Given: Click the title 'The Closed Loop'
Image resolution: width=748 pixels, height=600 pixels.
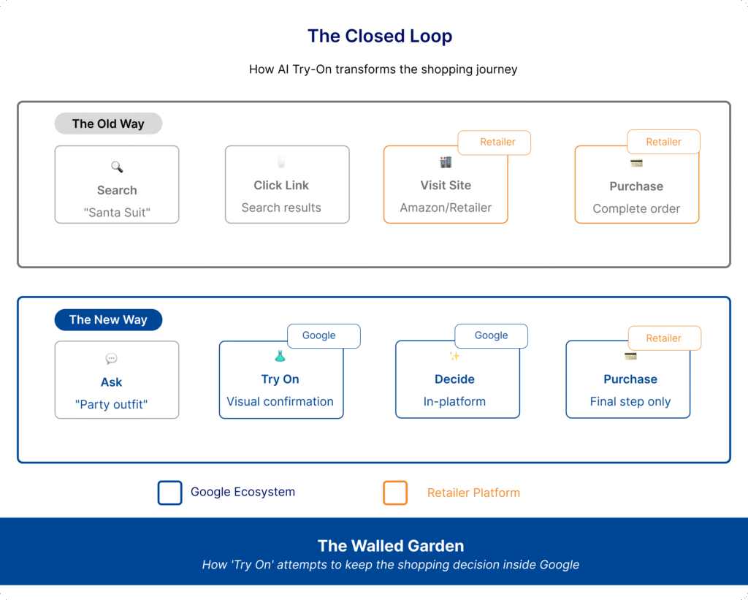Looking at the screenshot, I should click(x=379, y=36).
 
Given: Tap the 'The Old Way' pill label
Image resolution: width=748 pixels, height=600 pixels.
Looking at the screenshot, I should click(x=108, y=124).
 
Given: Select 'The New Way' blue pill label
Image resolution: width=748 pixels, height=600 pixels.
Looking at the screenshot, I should click(x=108, y=319).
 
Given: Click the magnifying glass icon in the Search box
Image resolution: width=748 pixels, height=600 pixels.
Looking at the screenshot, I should click(x=117, y=167).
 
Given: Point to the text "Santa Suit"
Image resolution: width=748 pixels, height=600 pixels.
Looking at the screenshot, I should click(x=117, y=213).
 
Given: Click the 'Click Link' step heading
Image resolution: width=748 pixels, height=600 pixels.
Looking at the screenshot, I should click(x=281, y=185).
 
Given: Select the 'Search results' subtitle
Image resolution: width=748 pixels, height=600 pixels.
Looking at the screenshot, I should click(x=281, y=208).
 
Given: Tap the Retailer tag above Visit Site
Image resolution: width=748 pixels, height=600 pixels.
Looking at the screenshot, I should click(x=497, y=142).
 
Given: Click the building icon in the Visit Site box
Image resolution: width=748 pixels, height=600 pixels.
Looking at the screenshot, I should click(x=446, y=162).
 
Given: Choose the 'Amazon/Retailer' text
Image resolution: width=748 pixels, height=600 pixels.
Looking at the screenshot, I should click(x=446, y=208).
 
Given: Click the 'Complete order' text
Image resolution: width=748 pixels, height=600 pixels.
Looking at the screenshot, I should click(x=636, y=208).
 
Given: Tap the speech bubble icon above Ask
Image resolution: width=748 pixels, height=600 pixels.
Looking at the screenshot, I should click(x=111, y=359).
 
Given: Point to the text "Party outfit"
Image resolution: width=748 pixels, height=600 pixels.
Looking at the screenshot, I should click(x=112, y=404).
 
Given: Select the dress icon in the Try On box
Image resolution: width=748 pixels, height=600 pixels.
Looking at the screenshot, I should click(x=280, y=356).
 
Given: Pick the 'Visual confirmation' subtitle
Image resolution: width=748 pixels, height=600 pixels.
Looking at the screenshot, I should click(x=280, y=401).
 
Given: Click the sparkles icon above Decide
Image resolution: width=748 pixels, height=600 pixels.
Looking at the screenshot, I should click(x=454, y=356).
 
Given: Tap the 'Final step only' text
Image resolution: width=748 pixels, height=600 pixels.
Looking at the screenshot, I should click(x=630, y=401).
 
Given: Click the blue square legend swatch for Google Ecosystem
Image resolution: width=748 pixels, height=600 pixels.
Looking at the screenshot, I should click(x=169, y=493).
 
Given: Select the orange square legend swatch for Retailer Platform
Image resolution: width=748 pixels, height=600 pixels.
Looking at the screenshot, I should click(x=395, y=493).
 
